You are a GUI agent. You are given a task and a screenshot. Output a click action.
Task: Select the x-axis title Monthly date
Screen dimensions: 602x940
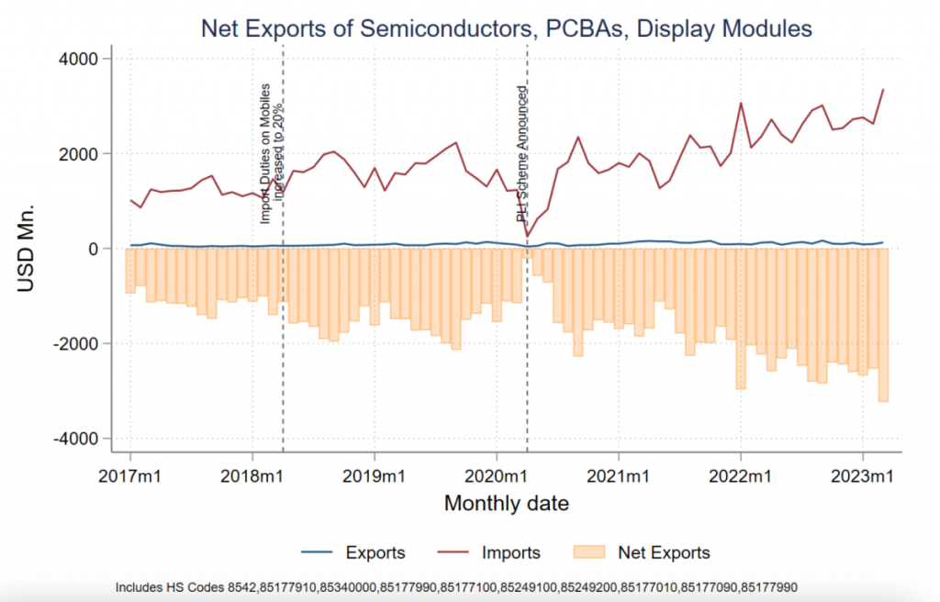[x=506, y=503]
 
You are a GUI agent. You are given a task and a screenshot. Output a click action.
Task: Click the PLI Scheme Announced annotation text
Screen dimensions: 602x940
[x=521, y=154]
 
